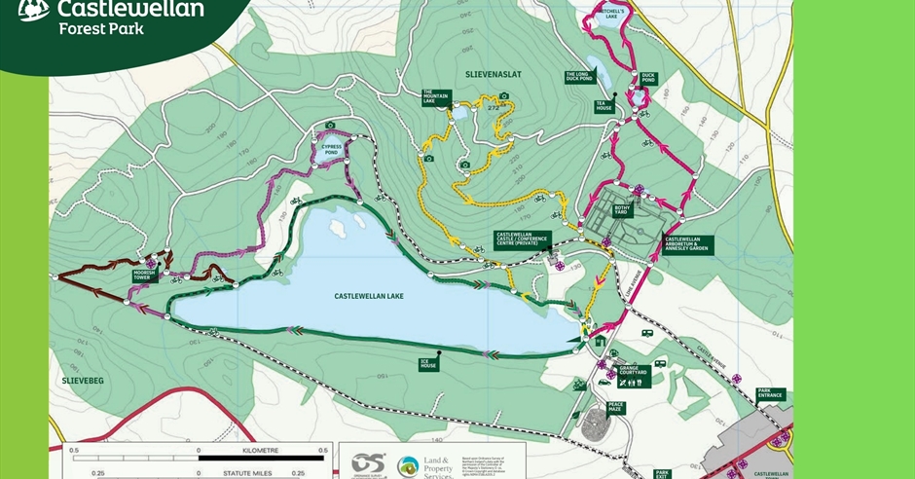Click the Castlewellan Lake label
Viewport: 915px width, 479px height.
pos(368,296)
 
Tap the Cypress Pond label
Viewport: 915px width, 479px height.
pos(331,149)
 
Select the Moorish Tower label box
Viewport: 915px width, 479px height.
pos(144,276)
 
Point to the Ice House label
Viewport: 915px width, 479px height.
pos(428,364)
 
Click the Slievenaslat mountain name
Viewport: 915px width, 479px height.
pos(484,73)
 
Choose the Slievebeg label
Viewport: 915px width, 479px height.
pos(83,381)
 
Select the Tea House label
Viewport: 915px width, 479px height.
pos(604,106)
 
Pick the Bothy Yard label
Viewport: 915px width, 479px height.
pos(624,209)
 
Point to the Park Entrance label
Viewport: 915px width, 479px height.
pos(771,394)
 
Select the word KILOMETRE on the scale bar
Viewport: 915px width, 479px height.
pos(262,451)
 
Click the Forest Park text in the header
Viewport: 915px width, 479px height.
pos(100,29)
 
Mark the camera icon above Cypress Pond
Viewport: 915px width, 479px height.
pos(331,126)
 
